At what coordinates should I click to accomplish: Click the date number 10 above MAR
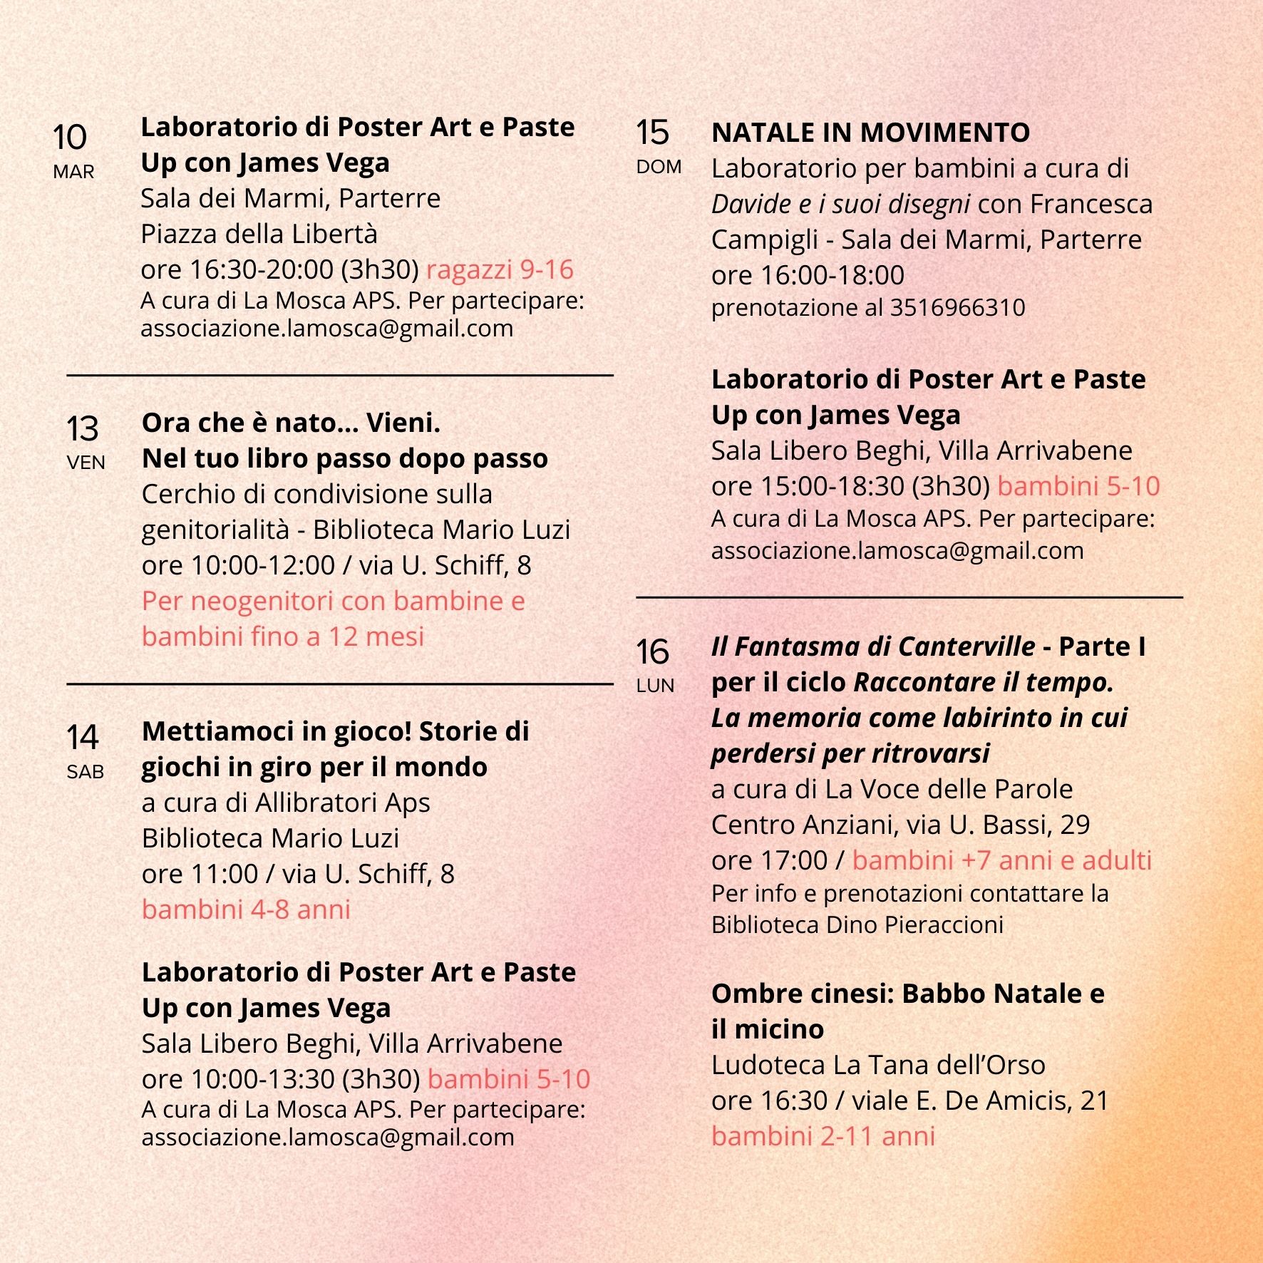pyautogui.click(x=69, y=137)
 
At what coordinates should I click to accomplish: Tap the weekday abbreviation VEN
pyautogui.click(x=86, y=463)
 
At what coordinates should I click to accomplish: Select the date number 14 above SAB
pyautogui.click(x=82, y=737)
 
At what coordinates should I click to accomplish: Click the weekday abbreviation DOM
pyautogui.click(x=659, y=167)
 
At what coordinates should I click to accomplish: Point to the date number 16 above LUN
pyautogui.click(x=652, y=651)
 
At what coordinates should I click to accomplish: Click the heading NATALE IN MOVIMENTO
pyautogui.click(x=870, y=133)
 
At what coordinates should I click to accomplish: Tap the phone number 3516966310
pyautogui.click(x=957, y=307)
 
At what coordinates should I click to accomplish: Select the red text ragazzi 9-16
pyautogui.click(x=500, y=269)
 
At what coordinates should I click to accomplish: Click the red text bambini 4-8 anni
pyautogui.click(x=246, y=909)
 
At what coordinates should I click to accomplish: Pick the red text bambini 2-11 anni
pyautogui.click(x=823, y=1136)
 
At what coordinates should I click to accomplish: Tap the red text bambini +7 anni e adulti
pyautogui.click(x=1001, y=860)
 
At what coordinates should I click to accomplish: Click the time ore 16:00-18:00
pyautogui.click(x=808, y=275)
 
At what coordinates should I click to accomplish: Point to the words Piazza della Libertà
pyautogui.click(x=259, y=234)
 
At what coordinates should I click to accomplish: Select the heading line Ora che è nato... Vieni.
pyautogui.click(x=291, y=423)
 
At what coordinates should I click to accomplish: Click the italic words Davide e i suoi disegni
pyautogui.click(x=840, y=205)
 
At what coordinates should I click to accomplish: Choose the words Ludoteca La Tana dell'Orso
pyautogui.click(x=878, y=1065)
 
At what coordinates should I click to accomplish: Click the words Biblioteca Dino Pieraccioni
pyautogui.click(x=857, y=924)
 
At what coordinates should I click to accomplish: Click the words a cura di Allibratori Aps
pyautogui.click(x=286, y=803)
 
